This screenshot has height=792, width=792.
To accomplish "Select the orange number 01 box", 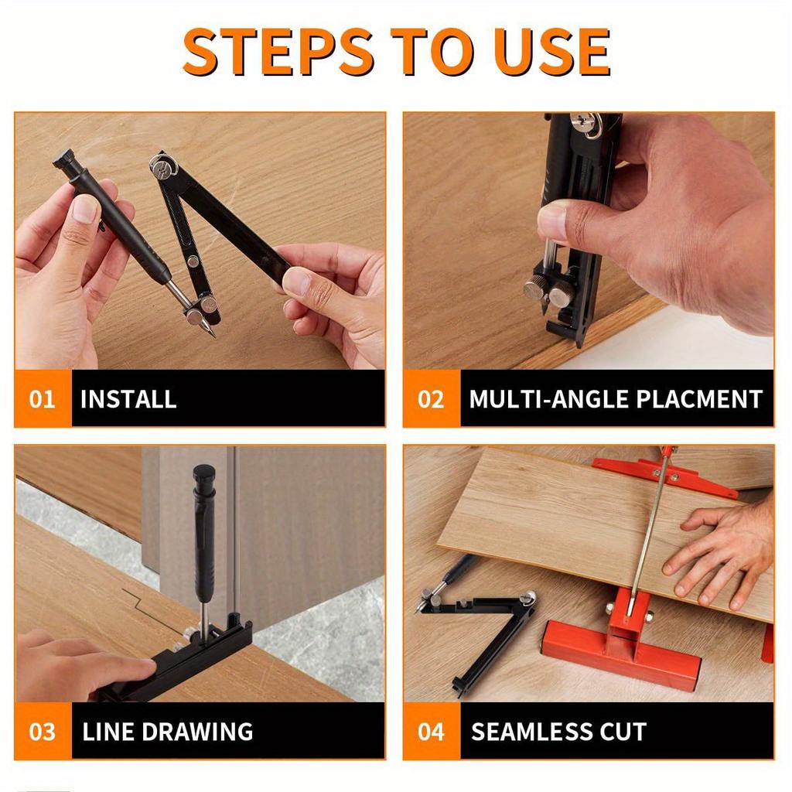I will [x=43, y=399].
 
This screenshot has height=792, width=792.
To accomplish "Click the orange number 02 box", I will [x=431, y=399].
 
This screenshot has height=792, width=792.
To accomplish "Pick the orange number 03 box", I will [x=43, y=731].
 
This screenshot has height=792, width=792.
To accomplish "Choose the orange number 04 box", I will [x=431, y=731].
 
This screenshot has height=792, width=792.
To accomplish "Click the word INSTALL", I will [x=128, y=399].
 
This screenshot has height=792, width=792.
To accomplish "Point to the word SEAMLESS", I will [x=533, y=731].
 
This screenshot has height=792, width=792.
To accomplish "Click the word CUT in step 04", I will [x=624, y=731].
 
